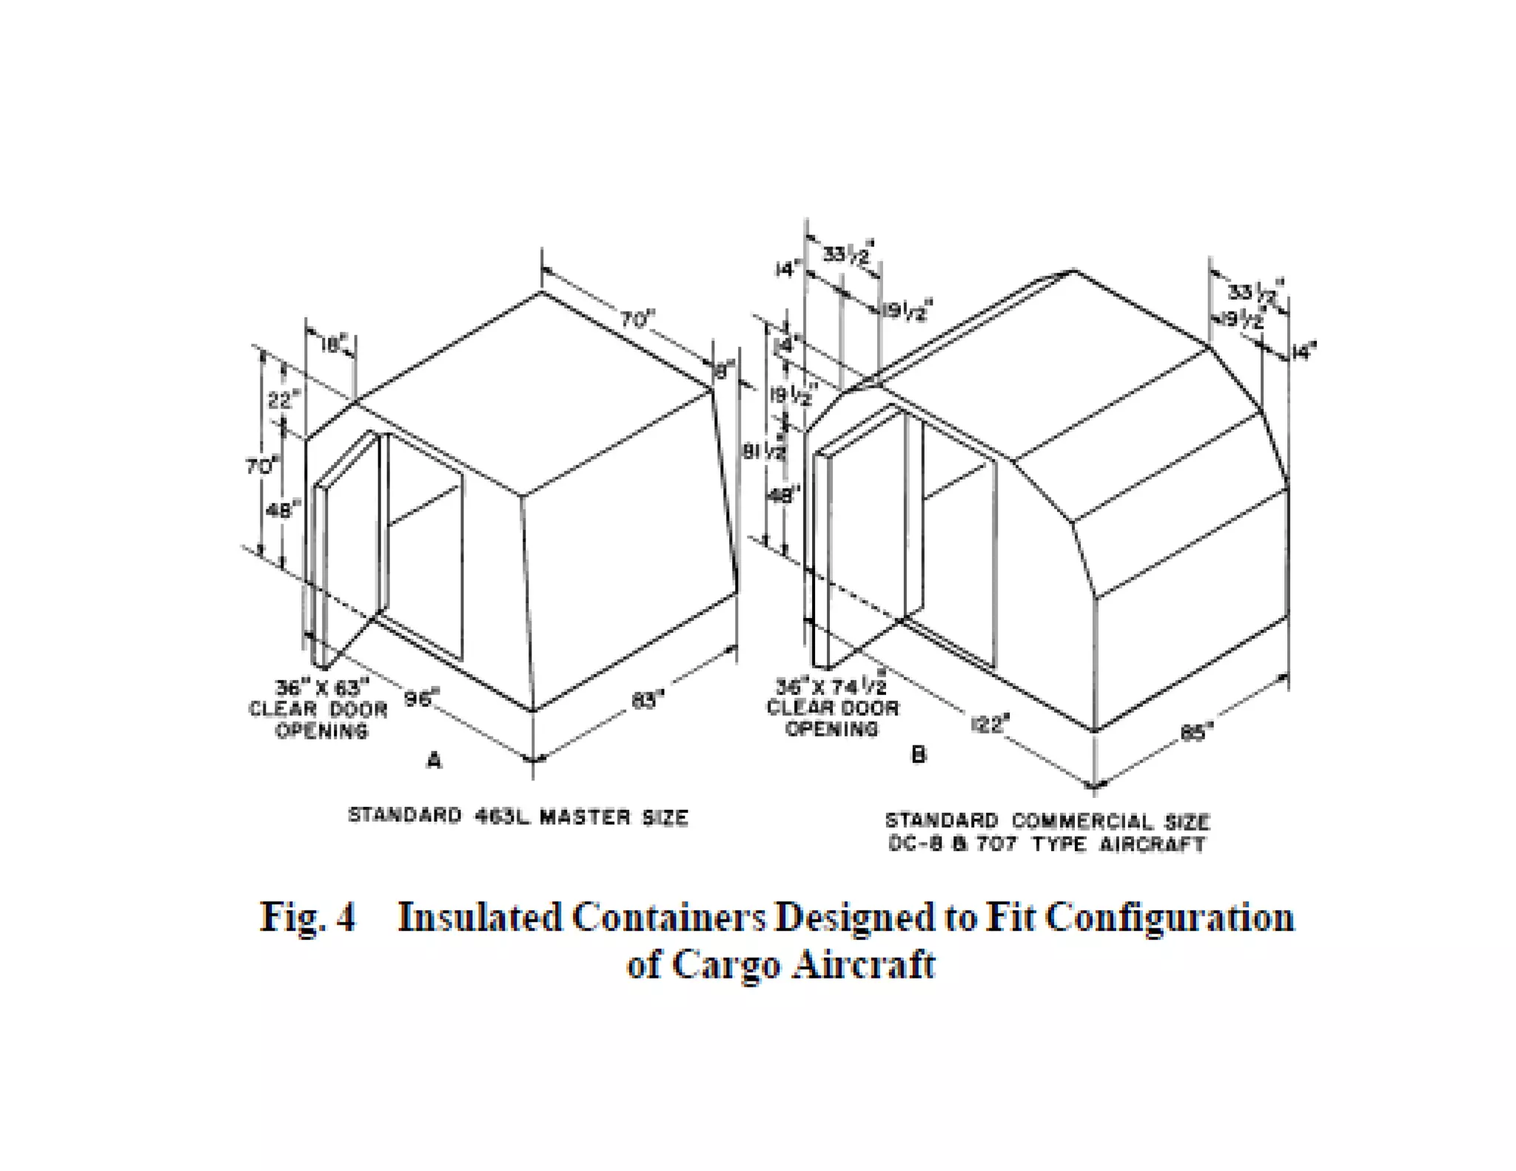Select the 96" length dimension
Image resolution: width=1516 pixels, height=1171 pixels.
(x=421, y=698)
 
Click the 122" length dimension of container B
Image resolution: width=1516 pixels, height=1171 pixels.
(x=989, y=723)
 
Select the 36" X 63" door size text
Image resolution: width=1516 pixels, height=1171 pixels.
(x=321, y=688)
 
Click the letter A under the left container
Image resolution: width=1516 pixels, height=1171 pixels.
(x=434, y=760)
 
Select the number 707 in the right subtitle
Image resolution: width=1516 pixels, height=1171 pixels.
(x=996, y=844)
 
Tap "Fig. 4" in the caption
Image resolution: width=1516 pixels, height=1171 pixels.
(x=307, y=918)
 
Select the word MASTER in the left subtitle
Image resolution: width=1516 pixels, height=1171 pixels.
(x=586, y=817)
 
